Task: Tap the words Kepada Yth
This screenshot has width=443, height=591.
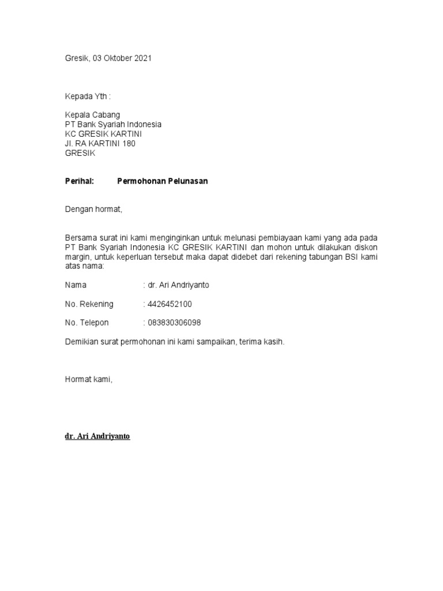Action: click(x=85, y=95)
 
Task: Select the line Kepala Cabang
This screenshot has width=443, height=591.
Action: click(x=92, y=115)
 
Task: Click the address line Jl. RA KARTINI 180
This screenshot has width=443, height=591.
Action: click(x=100, y=144)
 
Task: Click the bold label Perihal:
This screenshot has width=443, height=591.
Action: click(x=79, y=181)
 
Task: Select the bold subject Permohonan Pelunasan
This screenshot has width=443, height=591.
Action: click(x=162, y=181)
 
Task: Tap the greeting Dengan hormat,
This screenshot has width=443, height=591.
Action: click(x=93, y=210)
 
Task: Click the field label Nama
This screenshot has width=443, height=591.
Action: click(x=76, y=285)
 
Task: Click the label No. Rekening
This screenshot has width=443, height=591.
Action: click(x=89, y=304)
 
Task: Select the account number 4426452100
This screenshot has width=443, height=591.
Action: click(x=170, y=304)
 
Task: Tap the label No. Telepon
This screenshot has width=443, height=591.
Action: click(x=87, y=323)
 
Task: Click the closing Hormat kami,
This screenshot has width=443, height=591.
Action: click(x=89, y=379)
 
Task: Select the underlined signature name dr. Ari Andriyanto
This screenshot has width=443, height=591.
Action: click(x=97, y=436)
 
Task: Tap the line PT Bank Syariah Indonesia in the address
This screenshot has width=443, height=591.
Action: click(x=112, y=125)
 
